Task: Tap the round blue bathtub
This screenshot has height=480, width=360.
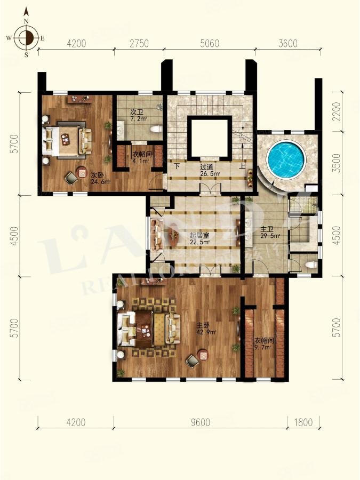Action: point(285,158)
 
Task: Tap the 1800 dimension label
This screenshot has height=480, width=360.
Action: point(303,422)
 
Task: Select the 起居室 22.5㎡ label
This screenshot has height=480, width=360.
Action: point(199,238)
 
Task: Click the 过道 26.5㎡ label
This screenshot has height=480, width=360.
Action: point(207,170)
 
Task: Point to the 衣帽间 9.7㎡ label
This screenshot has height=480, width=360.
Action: point(262,343)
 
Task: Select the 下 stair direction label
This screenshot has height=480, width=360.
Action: point(177,166)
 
